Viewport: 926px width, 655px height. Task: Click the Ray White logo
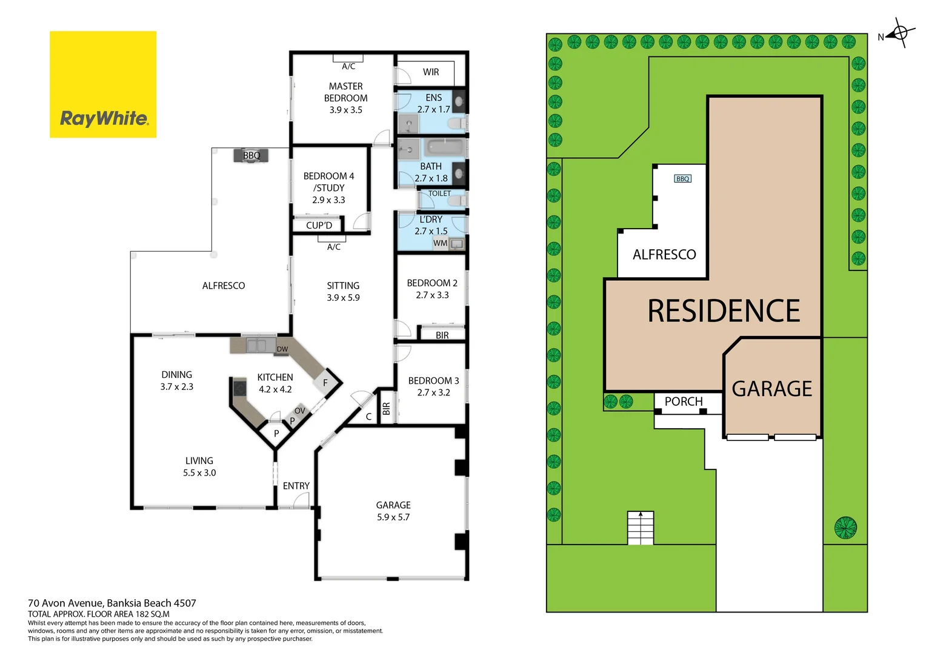103,84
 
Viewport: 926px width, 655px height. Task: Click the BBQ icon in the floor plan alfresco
251,155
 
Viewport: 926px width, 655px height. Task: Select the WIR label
431,72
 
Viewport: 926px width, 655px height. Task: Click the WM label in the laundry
440,243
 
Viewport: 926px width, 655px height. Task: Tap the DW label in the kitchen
282,349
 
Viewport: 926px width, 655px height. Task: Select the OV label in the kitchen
300,411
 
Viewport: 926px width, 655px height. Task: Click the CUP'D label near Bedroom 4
319,226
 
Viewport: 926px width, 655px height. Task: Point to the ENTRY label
296,486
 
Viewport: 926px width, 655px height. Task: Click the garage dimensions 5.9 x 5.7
393,517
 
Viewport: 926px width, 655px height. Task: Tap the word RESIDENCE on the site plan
724,311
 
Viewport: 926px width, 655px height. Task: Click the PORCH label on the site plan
684,401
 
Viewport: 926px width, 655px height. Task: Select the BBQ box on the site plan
682,179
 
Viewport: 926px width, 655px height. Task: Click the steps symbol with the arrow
641,528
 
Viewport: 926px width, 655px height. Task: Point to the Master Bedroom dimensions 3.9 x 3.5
346,110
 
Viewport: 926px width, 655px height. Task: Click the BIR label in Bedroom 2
442,335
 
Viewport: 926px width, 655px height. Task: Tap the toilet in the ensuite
456,124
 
